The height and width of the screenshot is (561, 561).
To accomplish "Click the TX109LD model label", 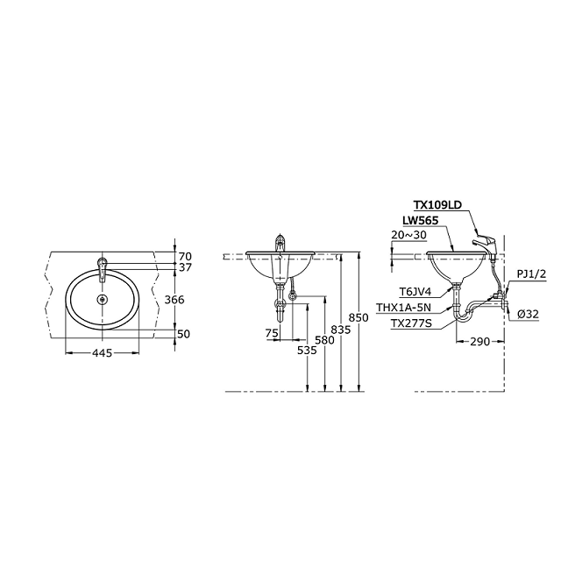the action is [x=437, y=205].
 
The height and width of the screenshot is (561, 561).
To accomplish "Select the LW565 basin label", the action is [x=421, y=221].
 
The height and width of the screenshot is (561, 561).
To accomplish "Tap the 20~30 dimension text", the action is [x=409, y=235].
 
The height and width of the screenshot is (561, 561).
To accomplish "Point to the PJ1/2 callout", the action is [x=531, y=274].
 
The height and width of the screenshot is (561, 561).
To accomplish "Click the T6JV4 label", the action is [x=415, y=292].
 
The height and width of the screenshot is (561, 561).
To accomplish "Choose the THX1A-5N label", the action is [x=403, y=308].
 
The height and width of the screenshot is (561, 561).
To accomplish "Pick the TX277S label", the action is [x=411, y=323].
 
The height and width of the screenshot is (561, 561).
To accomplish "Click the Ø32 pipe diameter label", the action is [x=528, y=314].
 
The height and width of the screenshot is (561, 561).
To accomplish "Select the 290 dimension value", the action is [x=479, y=342].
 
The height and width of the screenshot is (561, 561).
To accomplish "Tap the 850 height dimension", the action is [x=359, y=317].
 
